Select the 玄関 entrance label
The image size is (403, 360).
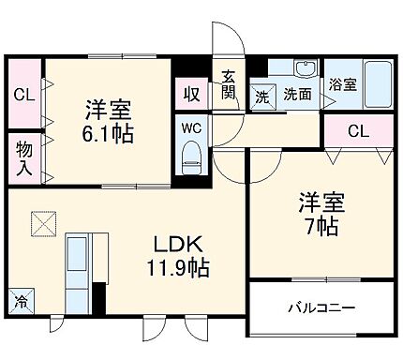(229, 84)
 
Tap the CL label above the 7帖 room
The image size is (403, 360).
(358, 131)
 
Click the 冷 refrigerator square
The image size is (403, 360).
(20, 302)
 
